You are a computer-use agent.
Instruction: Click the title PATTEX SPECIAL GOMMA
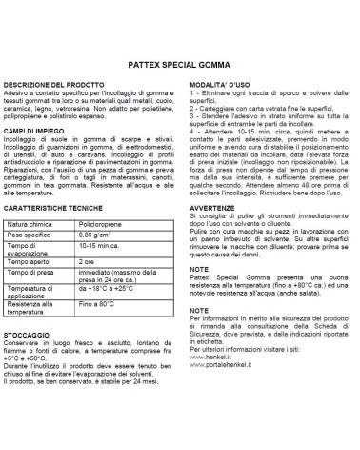[x=180, y=68]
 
